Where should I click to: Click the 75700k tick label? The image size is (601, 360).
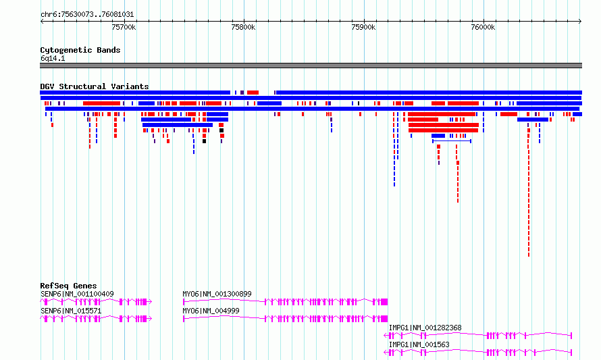124,27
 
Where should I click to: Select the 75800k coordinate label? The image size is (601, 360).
243,27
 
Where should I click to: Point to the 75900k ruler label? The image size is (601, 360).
363,27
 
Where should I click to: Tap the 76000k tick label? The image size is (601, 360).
483,27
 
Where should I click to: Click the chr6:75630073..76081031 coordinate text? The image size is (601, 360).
87,15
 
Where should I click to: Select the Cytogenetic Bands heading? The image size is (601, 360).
80,50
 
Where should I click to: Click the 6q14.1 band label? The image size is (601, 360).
53,58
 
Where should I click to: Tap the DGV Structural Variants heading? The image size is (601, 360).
95,86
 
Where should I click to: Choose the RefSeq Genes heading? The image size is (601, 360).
68,286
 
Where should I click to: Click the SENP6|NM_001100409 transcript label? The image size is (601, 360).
77,294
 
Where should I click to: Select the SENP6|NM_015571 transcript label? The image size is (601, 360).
71,311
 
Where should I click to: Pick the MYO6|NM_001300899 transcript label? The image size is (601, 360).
217,294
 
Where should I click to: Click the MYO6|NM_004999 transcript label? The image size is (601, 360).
211,311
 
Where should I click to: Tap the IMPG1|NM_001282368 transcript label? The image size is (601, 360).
425,328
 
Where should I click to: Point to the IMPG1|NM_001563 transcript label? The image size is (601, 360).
419,344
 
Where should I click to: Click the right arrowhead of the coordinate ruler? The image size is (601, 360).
581,22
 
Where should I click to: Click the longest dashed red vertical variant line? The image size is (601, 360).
529,192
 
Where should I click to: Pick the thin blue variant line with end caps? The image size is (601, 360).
452,141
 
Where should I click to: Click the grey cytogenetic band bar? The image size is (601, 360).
311,66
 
